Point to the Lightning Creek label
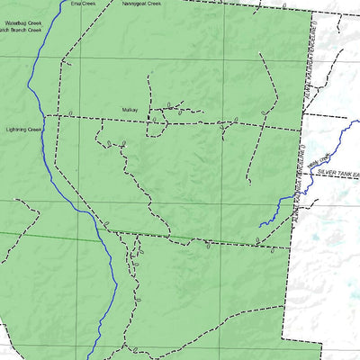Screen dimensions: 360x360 click(22, 129)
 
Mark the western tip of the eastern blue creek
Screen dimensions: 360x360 click(259, 225)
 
